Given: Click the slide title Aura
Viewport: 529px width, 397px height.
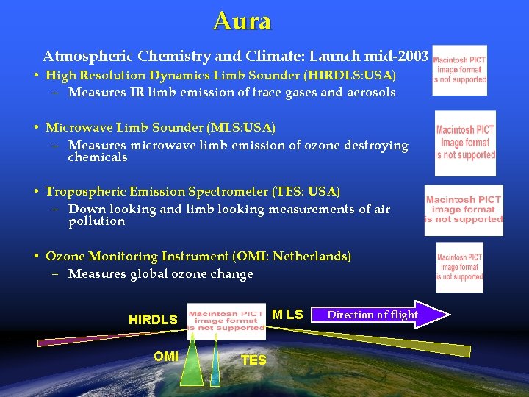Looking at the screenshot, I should (x=242, y=21).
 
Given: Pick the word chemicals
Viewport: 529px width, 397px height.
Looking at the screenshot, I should (x=97, y=157).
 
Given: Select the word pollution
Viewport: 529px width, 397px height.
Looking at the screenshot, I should (x=96, y=221).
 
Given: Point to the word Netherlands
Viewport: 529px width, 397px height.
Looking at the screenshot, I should (x=309, y=257).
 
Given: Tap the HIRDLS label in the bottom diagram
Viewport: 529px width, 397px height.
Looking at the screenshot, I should (x=153, y=320).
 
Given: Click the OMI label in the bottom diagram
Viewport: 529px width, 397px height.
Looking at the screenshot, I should (x=166, y=357).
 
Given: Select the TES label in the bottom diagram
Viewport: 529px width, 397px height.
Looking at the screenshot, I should (x=253, y=360).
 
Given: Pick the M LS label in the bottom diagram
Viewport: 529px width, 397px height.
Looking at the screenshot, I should (x=287, y=315).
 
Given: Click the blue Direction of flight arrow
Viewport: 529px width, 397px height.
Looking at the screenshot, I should (x=382, y=315).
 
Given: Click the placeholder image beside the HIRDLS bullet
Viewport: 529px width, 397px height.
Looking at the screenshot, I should (x=459, y=70).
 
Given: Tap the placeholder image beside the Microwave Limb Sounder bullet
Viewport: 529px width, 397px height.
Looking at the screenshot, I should (x=465, y=143).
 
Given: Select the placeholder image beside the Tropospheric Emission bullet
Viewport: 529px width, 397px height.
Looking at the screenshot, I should (x=464, y=210).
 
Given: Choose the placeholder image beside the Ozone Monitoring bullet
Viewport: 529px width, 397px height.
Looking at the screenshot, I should (x=460, y=267).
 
